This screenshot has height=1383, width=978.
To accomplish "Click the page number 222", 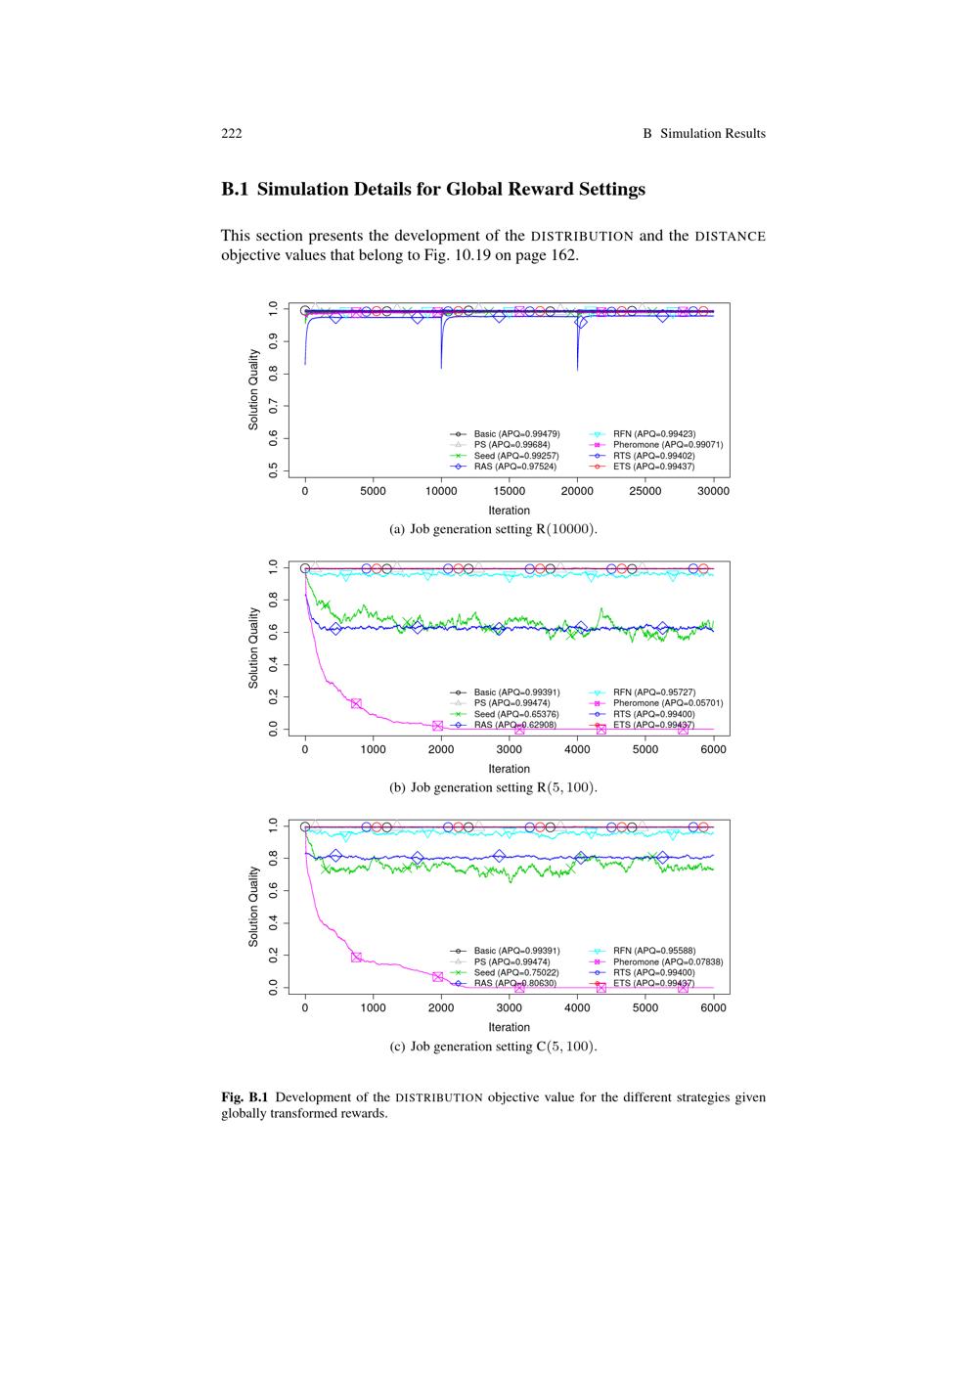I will pyautogui.click(x=231, y=134).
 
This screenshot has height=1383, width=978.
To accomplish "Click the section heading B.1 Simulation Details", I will pyautogui.click(x=433, y=190).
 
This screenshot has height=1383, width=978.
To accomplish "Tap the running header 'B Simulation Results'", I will pyautogui.click(x=704, y=134).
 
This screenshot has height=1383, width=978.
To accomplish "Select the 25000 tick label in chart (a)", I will pyautogui.click(x=645, y=492).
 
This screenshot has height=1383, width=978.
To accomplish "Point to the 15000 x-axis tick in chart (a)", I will pyautogui.click(x=510, y=492).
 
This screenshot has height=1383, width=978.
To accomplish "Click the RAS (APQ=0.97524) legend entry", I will pyautogui.click(x=514, y=467).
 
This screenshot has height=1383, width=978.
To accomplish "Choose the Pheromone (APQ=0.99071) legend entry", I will pyautogui.click(x=667, y=444).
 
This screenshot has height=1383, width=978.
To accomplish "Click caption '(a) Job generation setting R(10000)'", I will pyautogui.click(x=493, y=529).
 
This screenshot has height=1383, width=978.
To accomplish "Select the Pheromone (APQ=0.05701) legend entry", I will pyautogui.click(x=667, y=703).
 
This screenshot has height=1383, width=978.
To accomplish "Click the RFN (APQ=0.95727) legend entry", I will pyautogui.click(x=653, y=692).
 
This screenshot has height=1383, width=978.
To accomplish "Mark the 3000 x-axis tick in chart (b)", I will pyautogui.click(x=510, y=750).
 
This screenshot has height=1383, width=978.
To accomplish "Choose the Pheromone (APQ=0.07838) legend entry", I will pyautogui.click(x=667, y=961).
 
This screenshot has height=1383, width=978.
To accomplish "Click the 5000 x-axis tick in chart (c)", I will pyautogui.click(x=645, y=1008).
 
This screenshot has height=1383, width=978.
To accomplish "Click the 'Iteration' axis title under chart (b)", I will pyautogui.click(x=509, y=769).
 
